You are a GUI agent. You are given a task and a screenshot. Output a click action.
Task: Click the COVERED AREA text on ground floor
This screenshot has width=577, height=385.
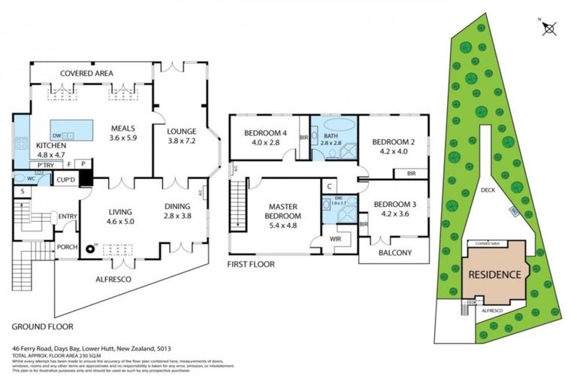86,73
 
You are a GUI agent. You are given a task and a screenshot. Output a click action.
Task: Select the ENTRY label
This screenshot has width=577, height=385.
68,217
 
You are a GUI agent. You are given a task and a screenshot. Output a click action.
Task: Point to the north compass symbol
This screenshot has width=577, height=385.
549,28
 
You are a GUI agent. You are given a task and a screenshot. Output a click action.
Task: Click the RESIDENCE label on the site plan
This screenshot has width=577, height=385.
494,274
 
